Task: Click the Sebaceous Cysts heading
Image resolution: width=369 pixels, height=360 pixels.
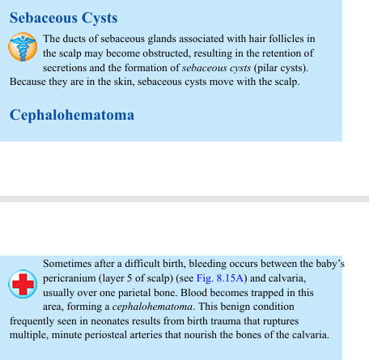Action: (64, 18)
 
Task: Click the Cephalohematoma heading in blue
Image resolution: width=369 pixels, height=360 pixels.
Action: (72, 115)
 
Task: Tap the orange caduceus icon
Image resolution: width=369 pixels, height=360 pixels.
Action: (23, 48)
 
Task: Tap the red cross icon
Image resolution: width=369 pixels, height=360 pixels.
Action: (23, 284)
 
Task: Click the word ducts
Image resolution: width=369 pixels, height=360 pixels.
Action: (79, 39)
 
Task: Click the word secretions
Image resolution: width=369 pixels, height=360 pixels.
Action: (68, 68)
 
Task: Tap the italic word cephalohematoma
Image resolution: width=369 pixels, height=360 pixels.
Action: (150, 307)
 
